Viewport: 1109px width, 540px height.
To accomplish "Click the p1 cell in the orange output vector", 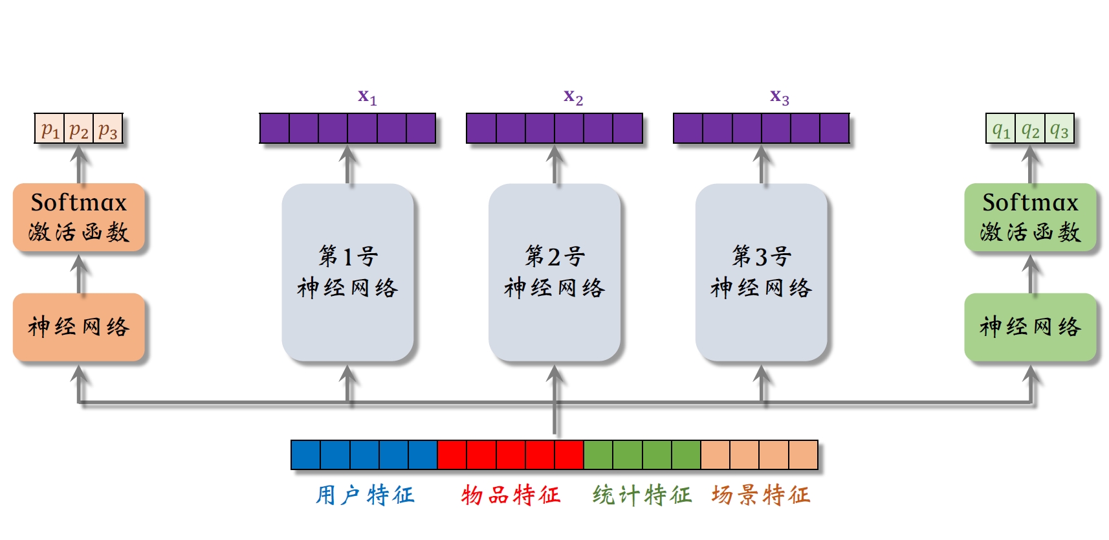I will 50,129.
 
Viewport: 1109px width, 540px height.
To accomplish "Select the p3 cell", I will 108,129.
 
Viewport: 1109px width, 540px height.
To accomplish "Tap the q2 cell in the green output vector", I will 1030,129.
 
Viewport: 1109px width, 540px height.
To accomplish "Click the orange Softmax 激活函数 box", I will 79,218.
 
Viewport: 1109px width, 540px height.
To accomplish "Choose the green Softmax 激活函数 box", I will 1030,218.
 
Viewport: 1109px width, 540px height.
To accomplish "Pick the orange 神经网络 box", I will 79,327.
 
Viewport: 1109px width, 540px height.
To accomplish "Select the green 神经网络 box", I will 1030,327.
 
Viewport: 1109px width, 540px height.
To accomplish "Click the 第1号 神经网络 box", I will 348,272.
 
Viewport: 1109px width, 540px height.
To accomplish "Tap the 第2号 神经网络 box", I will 554,272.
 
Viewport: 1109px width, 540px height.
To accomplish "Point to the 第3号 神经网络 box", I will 762,272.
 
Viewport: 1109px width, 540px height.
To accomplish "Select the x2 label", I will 573,97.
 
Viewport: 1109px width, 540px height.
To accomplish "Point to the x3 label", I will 780,97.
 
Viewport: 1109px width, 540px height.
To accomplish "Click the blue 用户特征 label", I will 365,495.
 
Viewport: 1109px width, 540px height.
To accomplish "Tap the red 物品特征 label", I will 511,495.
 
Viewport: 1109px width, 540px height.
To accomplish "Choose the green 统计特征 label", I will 642,495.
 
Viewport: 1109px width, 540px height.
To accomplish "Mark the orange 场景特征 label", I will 761,495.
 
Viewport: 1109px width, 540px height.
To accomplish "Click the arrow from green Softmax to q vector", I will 1031,164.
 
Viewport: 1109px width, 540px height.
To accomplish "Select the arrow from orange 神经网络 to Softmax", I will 80,274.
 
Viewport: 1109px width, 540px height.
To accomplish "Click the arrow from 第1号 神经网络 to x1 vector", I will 348,164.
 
